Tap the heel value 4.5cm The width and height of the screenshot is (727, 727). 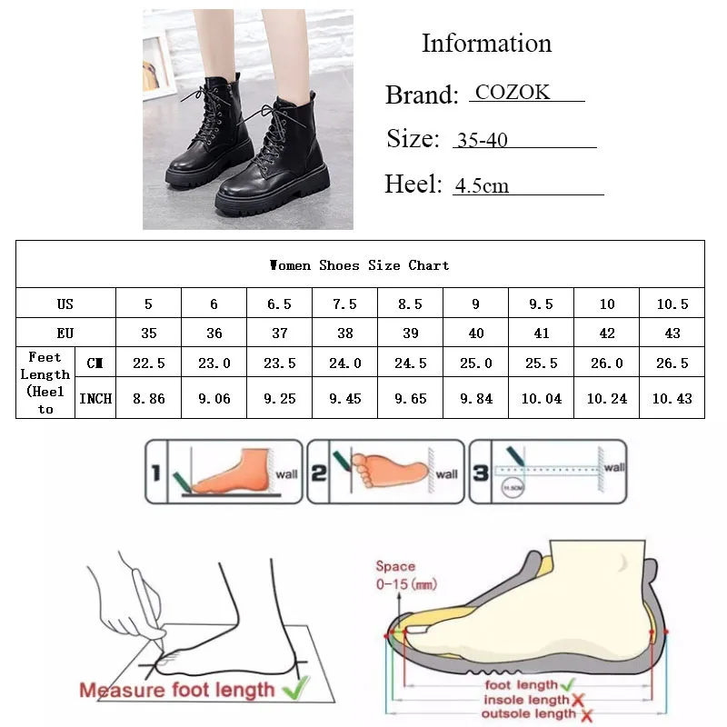pyautogui.click(x=482, y=186)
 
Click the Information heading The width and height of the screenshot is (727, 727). pyautogui.click(x=486, y=44)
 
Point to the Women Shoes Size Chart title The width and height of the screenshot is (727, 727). pyautogui.click(x=360, y=265)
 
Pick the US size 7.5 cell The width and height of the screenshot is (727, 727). pyautogui.click(x=345, y=304)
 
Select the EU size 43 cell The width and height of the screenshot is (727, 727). pyautogui.click(x=672, y=334)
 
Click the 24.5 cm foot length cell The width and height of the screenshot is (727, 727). pyautogui.click(x=411, y=363)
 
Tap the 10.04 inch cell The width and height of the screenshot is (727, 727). pyautogui.click(x=542, y=398)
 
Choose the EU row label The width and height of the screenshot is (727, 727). pyautogui.click(x=65, y=334)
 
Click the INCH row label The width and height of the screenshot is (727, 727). pyautogui.click(x=95, y=398)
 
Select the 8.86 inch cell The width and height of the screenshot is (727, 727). pyautogui.click(x=148, y=398)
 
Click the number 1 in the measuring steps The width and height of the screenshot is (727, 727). pyautogui.click(x=155, y=472)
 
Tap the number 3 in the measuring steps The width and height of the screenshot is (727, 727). pyautogui.click(x=480, y=472)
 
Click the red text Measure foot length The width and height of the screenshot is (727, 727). pyautogui.click(x=176, y=689)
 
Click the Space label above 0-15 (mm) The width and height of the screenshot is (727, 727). pyautogui.click(x=394, y=566)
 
